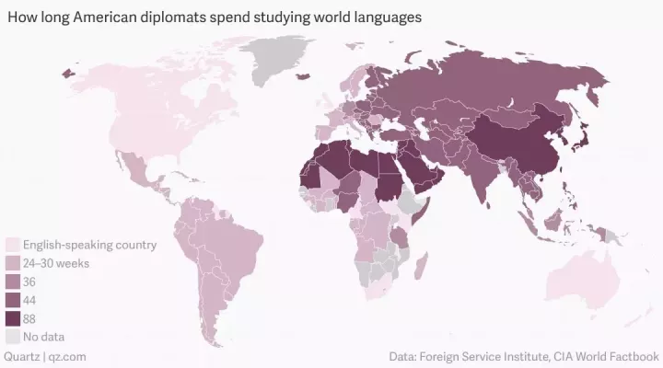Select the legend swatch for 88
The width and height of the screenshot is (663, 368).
[x=13, y=318]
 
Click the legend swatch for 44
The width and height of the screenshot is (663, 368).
[x=13, y=300]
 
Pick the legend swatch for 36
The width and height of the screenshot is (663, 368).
[x=13, y=282]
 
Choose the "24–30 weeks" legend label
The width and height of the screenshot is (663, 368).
[x=55, y=263]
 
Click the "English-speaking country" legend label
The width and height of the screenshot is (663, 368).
[x=90, y=245]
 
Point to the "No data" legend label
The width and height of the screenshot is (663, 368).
[x=43, y=337]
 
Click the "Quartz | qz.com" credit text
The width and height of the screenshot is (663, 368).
[x=46, y=356]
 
